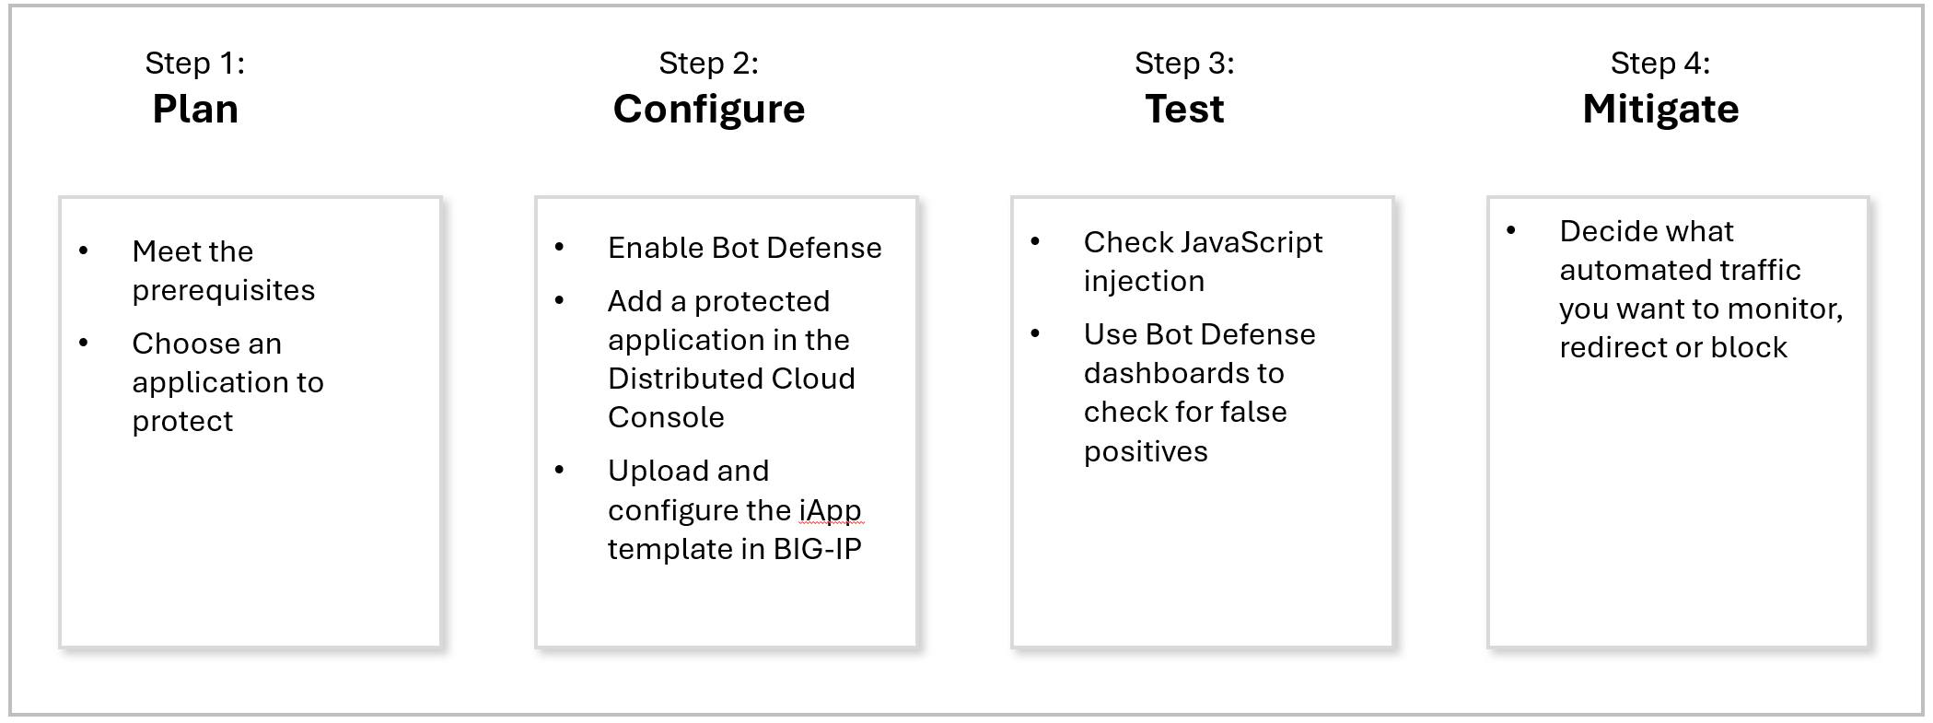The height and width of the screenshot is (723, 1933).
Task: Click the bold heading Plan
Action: point(195,110)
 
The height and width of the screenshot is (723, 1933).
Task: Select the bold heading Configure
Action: point(709,110)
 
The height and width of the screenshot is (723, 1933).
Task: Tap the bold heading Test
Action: point(1184,110)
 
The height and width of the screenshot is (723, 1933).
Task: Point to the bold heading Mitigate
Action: point(1660,110)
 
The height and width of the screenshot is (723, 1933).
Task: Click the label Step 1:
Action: point(195,63)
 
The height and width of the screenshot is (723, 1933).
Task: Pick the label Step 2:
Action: point(709,63)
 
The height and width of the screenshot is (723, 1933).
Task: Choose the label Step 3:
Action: point(1184,63)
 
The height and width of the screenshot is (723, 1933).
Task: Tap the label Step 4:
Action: point(1660,63)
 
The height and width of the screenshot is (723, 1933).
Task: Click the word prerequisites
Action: point(224,291)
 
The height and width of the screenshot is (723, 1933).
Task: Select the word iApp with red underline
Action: point(830,509)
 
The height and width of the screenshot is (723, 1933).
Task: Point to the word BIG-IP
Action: point(817,549)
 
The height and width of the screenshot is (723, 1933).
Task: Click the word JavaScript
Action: point(1251,242)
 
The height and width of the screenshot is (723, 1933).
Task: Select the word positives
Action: point(1146,451)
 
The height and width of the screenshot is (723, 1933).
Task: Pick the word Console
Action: point(666,417)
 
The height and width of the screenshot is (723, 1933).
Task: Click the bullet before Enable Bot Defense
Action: point(560,247)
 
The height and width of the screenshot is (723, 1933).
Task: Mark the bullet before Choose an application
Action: point(84,343)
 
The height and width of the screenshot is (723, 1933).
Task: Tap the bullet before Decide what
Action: point(1511,230)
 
